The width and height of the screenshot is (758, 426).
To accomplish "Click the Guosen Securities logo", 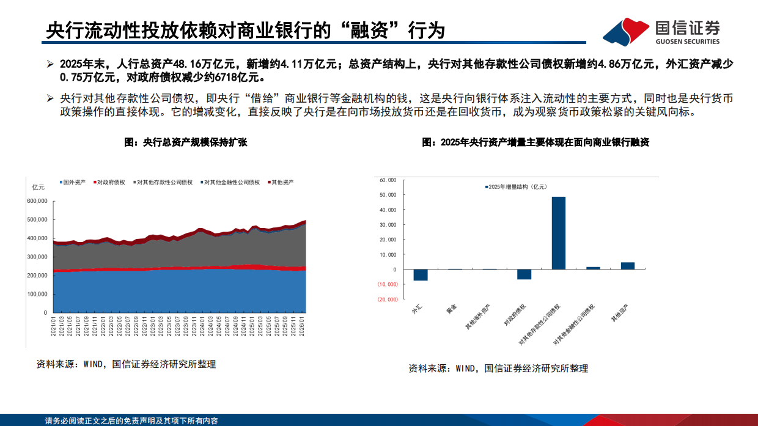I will (661, 32).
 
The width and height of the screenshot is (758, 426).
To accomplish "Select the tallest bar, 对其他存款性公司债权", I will (559, 233).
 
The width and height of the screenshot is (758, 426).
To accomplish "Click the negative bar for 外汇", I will (421, 275).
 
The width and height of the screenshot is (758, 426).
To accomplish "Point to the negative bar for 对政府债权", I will (524, 274).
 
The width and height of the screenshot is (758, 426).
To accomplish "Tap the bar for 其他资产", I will (628, 266).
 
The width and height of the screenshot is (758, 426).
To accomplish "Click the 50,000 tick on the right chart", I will (388, 195).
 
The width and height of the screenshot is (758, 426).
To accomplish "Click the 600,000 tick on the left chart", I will (37, 200).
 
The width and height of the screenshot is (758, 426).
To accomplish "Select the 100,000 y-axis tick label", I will (37, 294).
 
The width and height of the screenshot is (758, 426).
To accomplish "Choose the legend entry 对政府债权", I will (110, 182).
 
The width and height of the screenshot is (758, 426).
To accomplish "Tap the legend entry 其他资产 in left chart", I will (282, 182).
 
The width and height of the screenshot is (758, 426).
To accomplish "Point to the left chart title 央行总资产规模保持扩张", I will (186, 142).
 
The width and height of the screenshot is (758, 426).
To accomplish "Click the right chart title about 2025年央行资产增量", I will (535, 142).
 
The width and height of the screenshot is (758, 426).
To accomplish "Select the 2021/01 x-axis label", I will (54, 325).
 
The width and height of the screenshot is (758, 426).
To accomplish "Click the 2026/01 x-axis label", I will (304, 325).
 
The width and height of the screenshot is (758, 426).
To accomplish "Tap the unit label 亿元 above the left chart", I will (38, 187).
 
